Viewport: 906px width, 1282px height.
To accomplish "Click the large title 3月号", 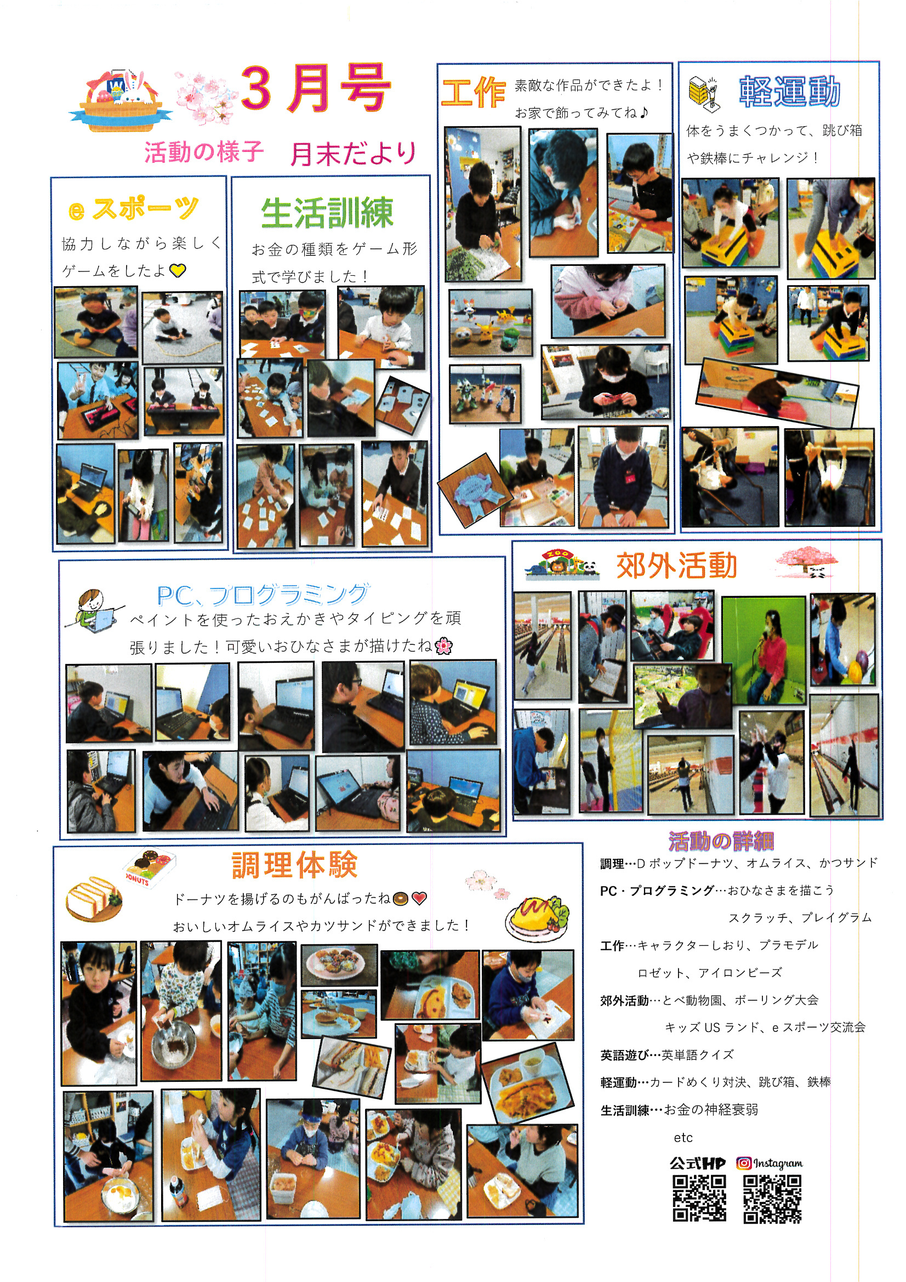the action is pyautogui.click(x=315, y=89).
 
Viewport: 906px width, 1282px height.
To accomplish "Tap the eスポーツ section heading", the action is pyautogui.click(x=133, y=209).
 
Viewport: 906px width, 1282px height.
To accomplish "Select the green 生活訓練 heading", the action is pyautogui.click(x=327, y=213).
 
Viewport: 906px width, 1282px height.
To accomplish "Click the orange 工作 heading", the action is pyautogui.click(x=474, y=93).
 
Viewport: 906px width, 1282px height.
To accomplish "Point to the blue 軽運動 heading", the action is pyautogui.click(x=789, y=92).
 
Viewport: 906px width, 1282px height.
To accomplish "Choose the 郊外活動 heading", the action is pyautogui.click(x=676, y=566).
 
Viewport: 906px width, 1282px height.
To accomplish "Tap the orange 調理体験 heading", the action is pyautogui.click(x=294, y=865).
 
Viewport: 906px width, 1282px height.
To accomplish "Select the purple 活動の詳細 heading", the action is pyautogui.click(x=721, y=841).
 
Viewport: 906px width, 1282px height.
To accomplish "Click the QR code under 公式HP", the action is pyautogui.click(x=699, y=1198).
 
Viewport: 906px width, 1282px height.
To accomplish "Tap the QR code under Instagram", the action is pyautogui.click(x=772, y=1199).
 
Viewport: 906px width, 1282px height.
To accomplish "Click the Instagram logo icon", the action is pyautogui.click(x=743, y=1162).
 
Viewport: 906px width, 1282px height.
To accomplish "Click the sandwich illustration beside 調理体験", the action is pyautogui.click(x=93, y=898).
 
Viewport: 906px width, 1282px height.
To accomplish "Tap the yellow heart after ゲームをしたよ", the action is pyautogui.click(x=178, y=271).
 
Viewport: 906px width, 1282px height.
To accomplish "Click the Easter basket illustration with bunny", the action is pyautogui.click(x=121, y=101).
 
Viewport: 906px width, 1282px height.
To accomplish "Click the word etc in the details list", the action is pyautogui.click(x=683, y=1137).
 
